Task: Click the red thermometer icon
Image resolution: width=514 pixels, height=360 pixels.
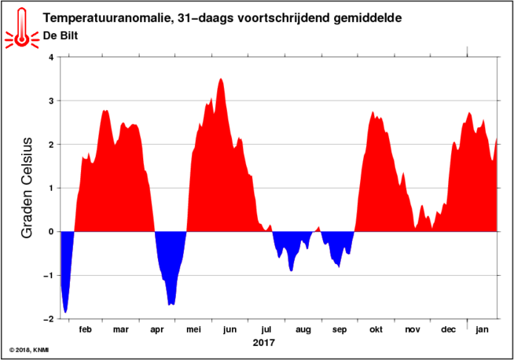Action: tap(22, 28)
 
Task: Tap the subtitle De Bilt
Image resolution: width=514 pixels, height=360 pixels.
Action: tap(61, 35)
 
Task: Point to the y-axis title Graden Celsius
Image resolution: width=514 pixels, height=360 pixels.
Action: tap(27, 188)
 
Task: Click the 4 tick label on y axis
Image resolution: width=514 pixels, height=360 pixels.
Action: tap(51, 57)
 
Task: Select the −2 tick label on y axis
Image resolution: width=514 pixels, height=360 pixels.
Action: tap(48, 318)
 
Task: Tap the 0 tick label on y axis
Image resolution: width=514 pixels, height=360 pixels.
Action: tap(51, 231)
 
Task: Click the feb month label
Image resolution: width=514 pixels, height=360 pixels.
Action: tap(85, 329)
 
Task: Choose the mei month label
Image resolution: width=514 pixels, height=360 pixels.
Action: tap(194, 329)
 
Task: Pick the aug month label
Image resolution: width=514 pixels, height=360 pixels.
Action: tap(303, 330)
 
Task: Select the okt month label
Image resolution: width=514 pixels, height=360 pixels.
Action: tap(376, 329)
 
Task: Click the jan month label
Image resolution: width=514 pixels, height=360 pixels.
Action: tap(482, 329)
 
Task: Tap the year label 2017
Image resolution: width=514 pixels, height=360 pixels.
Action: tap(263, 343)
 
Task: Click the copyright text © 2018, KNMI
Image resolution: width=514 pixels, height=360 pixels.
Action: tap(29, 350)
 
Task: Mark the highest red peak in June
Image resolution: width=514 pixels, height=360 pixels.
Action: tap(221, 79)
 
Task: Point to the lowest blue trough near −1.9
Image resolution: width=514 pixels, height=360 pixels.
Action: tap(65, 313)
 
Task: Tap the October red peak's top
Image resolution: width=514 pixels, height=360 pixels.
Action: tap(373, 112)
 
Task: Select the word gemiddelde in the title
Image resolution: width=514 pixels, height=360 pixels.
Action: tap(368, 19)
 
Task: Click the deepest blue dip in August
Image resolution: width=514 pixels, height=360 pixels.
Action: tap(291, 271)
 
